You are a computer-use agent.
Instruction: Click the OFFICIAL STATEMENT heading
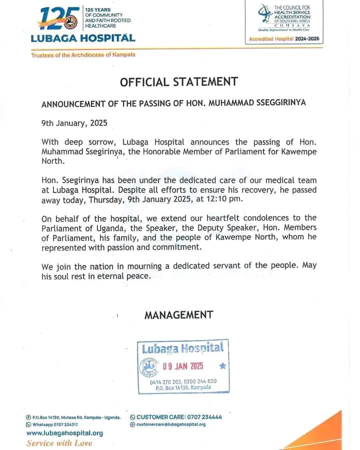(x=178, y=81)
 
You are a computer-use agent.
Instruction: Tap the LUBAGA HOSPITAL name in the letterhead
(x=83, y=38)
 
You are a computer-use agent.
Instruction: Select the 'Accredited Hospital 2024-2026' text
(x=284, y=39)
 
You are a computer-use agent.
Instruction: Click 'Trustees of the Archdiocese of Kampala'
(x=83, y=55)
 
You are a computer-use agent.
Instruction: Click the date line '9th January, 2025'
(x=74, y=123)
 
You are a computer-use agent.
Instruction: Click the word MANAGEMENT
(x=178, y=315)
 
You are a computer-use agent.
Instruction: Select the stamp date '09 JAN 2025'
(x=183, y=366)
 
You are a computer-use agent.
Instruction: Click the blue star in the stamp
(x=222, y=366)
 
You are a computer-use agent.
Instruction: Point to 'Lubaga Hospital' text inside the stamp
(x=182, y=348)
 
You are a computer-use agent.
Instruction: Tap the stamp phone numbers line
(x=183, y=381)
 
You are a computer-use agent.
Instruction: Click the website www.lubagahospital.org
(x=64, y=433)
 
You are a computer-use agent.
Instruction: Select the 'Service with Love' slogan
(x=59, y=443)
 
